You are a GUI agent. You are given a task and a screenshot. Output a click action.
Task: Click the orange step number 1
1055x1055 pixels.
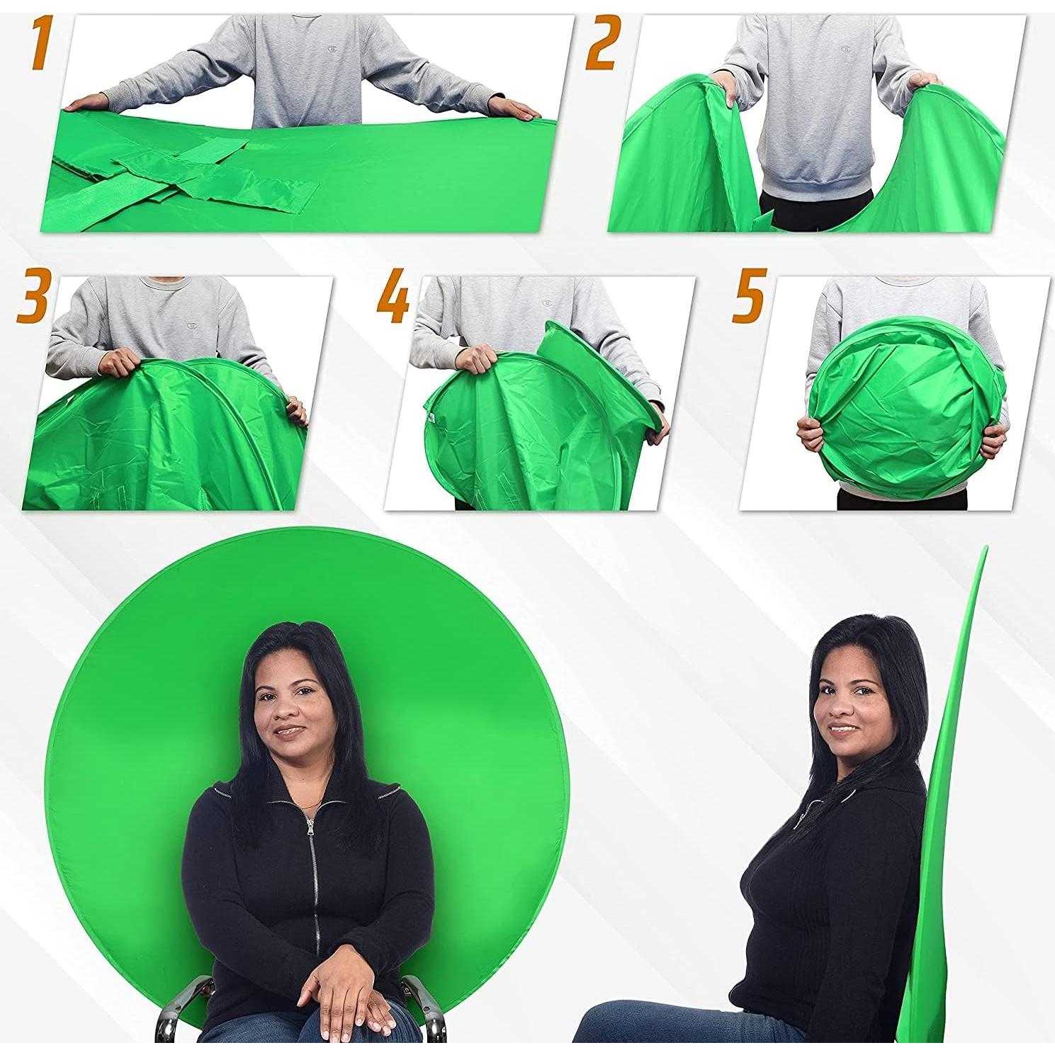click(40, 45)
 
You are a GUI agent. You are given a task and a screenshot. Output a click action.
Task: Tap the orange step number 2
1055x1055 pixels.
click(602, 44)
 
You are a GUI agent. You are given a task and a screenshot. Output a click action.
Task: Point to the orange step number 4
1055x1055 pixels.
click(394, 295)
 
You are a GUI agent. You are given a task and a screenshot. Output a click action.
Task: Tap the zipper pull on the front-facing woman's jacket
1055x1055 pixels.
click(309, 825)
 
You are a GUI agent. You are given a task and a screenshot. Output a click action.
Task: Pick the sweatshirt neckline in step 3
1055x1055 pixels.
click(164, 281)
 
